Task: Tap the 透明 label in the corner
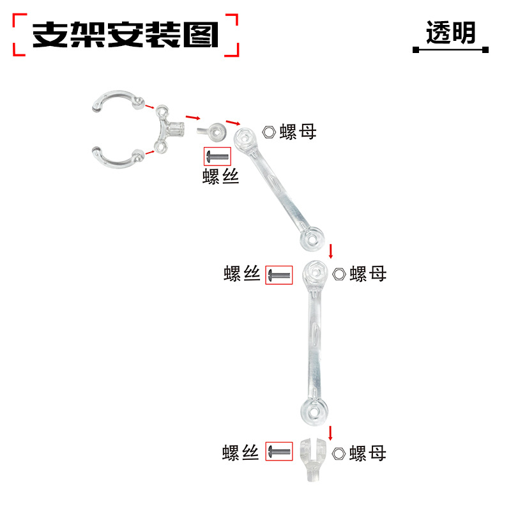451,33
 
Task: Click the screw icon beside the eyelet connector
217,156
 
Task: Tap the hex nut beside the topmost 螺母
269,132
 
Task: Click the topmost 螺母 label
298,132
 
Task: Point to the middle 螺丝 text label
242,275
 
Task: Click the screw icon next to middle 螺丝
279,275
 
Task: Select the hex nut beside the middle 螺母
339,274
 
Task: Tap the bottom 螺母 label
369,454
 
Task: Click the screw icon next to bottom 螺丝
279,452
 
